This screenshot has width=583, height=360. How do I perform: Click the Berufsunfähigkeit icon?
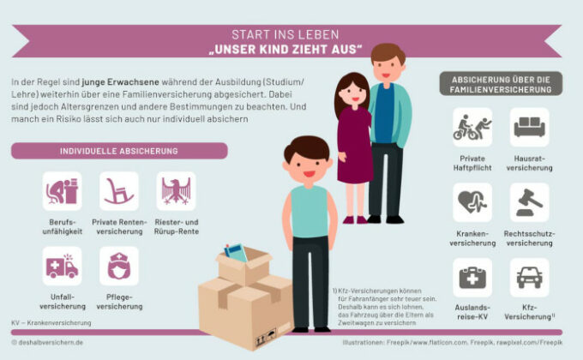[x=62, y=190]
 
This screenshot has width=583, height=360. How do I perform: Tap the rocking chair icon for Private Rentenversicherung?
[x=118, y=190]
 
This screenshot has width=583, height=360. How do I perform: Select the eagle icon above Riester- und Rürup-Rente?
[x=176, y=190]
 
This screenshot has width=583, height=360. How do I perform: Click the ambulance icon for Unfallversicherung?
[x=62, y=266]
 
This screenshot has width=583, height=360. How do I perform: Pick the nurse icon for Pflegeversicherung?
[x=118, y=266]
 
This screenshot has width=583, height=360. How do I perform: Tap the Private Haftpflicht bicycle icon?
[x=472, y=127]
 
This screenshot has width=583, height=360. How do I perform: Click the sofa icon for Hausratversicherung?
[x=529, y=127]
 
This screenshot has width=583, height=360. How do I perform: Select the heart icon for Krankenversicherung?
[x=472, y=202]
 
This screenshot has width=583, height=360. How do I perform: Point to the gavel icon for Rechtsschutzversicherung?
[x=529, y=202]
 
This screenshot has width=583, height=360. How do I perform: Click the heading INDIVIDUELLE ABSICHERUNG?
[x=118, y=151]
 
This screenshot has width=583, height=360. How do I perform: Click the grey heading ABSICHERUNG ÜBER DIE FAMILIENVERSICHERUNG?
[x=501, y=83]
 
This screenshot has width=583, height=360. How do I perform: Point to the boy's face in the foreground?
[x=306, y=163]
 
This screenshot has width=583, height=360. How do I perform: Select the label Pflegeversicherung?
[x=118, y=306]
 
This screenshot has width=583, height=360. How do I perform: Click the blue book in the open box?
[x=236, y=253]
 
